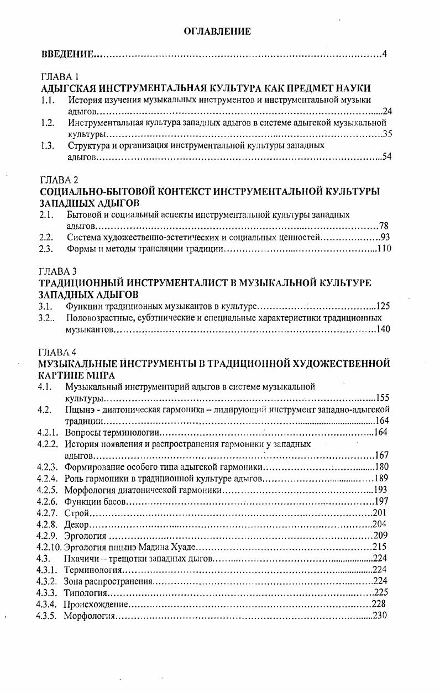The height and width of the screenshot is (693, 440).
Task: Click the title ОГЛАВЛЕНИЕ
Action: (x=217, y=32)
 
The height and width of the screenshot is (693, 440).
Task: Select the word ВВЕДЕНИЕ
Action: (x=67, y=55)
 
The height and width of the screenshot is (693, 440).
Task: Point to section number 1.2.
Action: (x=47, y=123)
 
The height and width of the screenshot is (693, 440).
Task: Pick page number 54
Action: (x=386, y=158)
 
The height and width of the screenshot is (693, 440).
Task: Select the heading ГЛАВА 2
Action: (x=60, y=180)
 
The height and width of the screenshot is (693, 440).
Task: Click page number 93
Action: (x=386, y=238)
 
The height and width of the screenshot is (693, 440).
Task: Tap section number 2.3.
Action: (x=46, y=249)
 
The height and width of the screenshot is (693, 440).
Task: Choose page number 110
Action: (x=384, y=249)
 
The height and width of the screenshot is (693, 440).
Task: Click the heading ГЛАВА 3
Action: (x=58, y=271)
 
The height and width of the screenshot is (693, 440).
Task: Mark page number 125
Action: (x=383, y=306)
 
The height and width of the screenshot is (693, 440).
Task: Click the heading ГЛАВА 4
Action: (x=58, y=351)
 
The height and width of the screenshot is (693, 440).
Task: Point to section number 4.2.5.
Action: (x=48, y=490)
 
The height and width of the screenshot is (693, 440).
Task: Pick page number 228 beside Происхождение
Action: (x=379, y=604)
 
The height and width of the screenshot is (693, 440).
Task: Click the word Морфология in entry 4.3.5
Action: (x=88, y=616)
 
